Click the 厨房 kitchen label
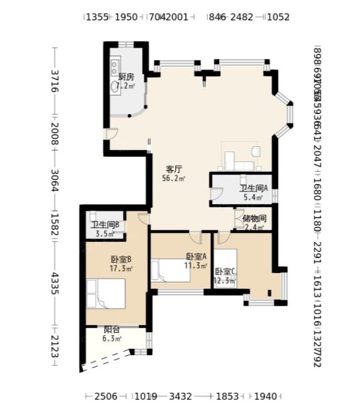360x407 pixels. (126, 77)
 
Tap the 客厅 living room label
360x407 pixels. (174, 169)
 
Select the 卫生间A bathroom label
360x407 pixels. (253, 188)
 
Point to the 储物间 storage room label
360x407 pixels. (254, 218)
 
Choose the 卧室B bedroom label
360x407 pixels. (121, 260)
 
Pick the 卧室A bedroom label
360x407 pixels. (196, 256)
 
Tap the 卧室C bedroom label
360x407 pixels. (225, 272)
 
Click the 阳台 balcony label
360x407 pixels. (112, 330)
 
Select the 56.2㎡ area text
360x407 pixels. (174, 178)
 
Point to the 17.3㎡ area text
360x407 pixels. (121, 269)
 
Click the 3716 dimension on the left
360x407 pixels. (54, 82)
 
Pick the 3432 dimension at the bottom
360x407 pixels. (180, 396)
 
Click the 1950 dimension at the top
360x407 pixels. (126, 17)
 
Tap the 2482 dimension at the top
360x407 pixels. (242, 17)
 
